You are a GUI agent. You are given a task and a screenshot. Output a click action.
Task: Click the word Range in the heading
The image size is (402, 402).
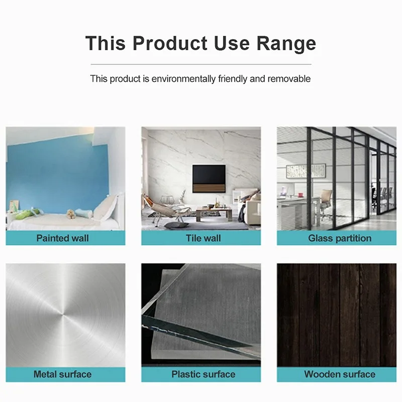coord(286,44)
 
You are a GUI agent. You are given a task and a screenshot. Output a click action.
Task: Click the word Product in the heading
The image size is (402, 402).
coord(170,43)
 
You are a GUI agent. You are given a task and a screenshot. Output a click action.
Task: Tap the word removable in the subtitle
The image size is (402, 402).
coord(289,78)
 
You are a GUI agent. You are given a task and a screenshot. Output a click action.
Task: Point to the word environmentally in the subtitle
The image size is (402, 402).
coord(183,79)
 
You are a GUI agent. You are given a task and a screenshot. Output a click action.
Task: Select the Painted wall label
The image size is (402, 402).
coord(62,238)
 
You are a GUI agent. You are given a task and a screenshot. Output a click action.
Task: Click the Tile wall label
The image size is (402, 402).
coord(204,238)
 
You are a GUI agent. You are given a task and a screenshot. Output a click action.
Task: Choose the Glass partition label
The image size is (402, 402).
coord(340,238)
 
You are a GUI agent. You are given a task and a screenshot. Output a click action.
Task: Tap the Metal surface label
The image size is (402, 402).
coord(62,374)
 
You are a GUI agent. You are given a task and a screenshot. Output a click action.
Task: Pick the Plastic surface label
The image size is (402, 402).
coord(204,374)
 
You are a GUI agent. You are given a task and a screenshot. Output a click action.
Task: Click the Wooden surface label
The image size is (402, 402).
coord(340,374)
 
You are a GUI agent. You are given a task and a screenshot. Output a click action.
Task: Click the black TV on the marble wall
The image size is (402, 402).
coord(209,178)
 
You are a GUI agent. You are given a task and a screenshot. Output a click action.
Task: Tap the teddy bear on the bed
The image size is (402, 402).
coord(71,214)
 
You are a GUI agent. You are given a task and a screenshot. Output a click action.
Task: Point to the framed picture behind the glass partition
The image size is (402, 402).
coord(306,171)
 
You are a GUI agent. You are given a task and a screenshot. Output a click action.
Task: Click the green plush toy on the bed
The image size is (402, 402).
coord(28,214)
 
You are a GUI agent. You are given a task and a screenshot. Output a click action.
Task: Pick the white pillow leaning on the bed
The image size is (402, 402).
coord(106,207)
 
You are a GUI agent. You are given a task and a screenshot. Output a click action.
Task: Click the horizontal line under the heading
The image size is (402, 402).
coord(201,64)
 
